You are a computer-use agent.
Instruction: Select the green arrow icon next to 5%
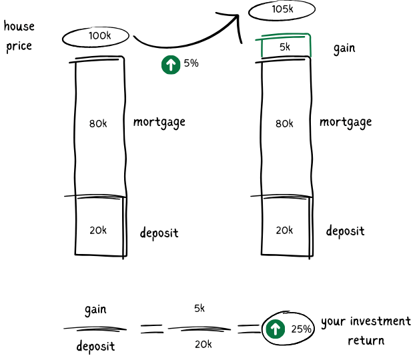pos(171,64)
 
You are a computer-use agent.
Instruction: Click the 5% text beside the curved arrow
pos(191,64)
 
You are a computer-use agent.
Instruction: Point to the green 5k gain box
pos(285,47)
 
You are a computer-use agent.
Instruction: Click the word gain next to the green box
pos(344,49)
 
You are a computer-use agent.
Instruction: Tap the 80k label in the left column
pos(98,123)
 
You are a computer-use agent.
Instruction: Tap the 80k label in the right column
pos(284,123)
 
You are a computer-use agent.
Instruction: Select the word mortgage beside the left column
pos(159,123)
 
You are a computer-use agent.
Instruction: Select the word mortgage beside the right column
pos(346,123)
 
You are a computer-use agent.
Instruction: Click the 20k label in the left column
pos(98,230)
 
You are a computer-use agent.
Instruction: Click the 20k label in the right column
pos(284,230)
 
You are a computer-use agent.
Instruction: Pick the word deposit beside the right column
pos(345,231)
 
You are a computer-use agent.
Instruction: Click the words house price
pos(19,37)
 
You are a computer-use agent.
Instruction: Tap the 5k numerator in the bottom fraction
pos(199,309)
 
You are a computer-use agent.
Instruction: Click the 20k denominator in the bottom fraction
pos(203,344)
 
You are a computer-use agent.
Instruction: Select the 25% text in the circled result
pos(301,329)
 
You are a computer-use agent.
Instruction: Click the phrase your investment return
pos(366,331)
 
